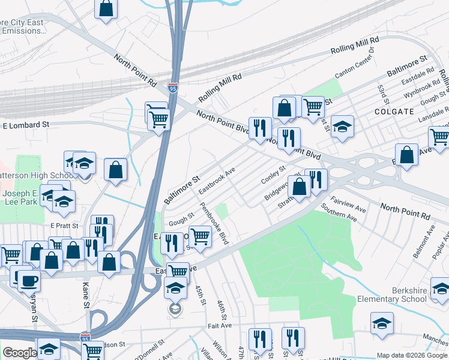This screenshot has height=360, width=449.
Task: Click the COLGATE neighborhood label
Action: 394,112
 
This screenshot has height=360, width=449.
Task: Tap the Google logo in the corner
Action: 20,353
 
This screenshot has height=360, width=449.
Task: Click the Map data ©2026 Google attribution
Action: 412,355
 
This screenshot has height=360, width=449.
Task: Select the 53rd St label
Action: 382,94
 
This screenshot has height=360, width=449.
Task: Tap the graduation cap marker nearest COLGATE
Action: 342,126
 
